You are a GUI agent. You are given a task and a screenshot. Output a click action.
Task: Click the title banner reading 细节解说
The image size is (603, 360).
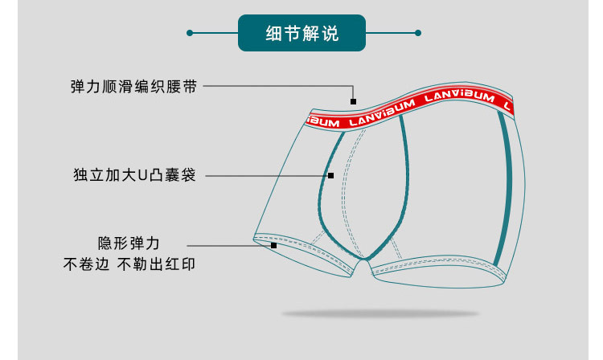(301, 33)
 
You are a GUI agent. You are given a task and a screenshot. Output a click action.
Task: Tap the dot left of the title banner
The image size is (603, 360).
(190, 33)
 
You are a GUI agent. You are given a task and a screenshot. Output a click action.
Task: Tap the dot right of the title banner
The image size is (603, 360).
(417, 33)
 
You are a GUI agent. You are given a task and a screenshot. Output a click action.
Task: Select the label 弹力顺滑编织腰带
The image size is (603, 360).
(133, 86)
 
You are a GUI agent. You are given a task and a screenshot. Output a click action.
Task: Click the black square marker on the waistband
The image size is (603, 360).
(353, 101)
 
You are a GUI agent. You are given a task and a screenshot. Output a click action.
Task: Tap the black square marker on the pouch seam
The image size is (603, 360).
(330, 175)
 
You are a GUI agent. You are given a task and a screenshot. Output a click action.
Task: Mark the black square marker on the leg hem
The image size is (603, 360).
(274, 244)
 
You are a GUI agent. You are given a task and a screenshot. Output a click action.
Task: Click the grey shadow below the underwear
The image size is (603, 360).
(379, 313)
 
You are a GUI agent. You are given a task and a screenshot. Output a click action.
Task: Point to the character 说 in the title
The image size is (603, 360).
(330, 34)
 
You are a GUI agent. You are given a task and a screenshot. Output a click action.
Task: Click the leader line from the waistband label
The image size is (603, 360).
(273, 86)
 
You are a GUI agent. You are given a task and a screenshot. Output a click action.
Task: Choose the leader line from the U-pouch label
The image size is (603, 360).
(265, 175)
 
